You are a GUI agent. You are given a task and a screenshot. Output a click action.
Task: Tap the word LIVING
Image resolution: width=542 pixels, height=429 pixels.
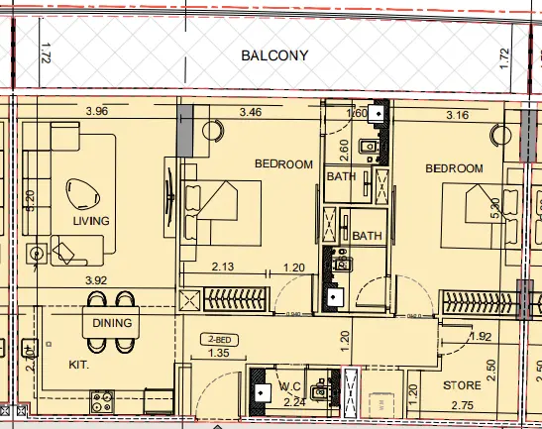click(x=91, y=220)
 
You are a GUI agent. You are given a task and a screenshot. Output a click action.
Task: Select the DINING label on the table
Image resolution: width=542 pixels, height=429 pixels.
click(x=112, y=323)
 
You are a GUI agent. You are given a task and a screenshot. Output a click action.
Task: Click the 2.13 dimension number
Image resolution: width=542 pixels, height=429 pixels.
click(x=222, y=267)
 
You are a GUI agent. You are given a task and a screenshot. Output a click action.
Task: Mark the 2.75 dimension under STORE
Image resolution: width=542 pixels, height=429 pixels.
click(x=463, y=405)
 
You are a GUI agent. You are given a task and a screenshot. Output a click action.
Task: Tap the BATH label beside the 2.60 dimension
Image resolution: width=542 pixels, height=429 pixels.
click(x=341, y=177)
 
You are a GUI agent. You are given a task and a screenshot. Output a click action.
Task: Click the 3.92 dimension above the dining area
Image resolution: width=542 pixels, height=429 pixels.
click(x=96, y=281)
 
